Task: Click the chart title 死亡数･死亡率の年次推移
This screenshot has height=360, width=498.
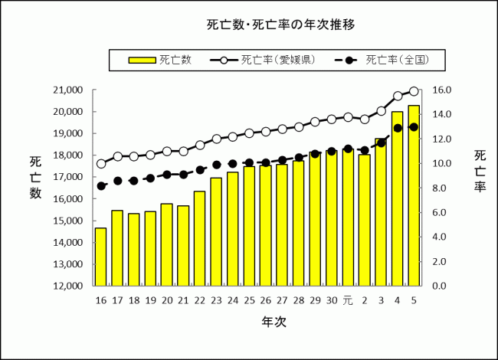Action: tap(280, 25)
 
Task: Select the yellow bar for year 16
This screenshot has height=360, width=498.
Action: tap(100, 257)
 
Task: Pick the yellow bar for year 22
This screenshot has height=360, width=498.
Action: tap(200, 238)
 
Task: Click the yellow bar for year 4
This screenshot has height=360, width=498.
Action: tap(397, 198)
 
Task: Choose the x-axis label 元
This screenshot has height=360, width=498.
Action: tap(348, 299)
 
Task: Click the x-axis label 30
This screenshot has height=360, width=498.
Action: tap(331, 299)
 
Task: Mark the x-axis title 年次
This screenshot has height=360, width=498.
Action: tap(274, 322)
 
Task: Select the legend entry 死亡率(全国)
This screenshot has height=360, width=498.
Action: tap(395, 59)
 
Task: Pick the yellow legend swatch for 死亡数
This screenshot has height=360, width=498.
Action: tap(141, 59)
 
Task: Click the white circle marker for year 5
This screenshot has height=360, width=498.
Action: tap(414, 91)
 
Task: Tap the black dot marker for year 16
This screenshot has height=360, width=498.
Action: tap(101, 186)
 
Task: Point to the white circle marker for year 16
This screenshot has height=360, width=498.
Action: tap(101, 163)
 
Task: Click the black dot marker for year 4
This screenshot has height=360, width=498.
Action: tap(397, 128)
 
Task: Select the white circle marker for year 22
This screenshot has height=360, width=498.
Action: tap(200, 145)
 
